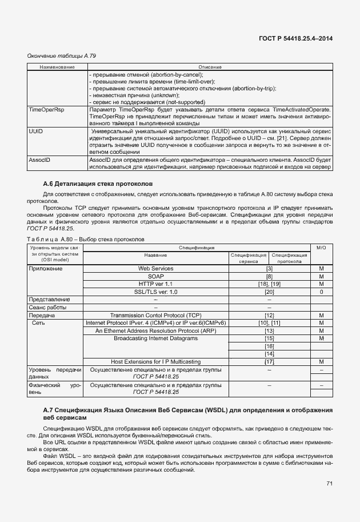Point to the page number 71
[330, 484]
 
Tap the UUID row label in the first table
[36, 131]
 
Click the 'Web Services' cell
[155, 268]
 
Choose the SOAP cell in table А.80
[155, 276]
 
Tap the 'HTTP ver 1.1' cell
[155, 284]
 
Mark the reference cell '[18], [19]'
[269, 284]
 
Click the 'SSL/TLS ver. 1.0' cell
[155, 292]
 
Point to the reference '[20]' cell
[269, 292]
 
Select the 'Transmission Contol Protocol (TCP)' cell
[155, 315]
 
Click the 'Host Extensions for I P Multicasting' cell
[155, 362]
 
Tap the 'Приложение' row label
[46, 268]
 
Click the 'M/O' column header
[321, 248]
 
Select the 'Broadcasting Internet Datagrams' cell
[155, 338]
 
